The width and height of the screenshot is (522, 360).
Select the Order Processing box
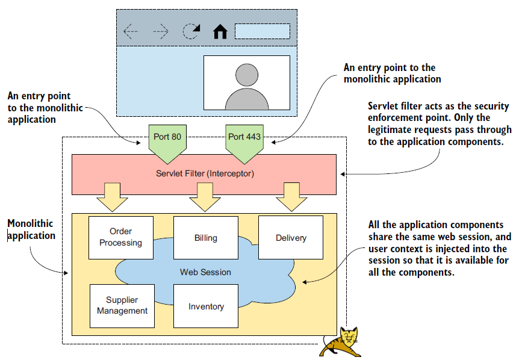120,237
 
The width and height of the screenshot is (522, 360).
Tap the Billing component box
205,237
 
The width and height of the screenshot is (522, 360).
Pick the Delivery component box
291,237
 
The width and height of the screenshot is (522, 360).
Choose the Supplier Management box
122,305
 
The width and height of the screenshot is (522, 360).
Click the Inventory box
206,306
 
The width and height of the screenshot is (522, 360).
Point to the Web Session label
205,272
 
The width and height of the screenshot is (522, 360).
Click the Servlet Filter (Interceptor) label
204,173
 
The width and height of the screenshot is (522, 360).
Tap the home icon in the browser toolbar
220,31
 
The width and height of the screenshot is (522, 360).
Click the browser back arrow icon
131,31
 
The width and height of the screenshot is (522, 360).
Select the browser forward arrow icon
161,31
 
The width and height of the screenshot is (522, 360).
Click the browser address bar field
262,31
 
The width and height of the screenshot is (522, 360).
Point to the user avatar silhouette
247,86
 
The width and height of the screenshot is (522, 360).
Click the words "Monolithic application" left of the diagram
31,229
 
